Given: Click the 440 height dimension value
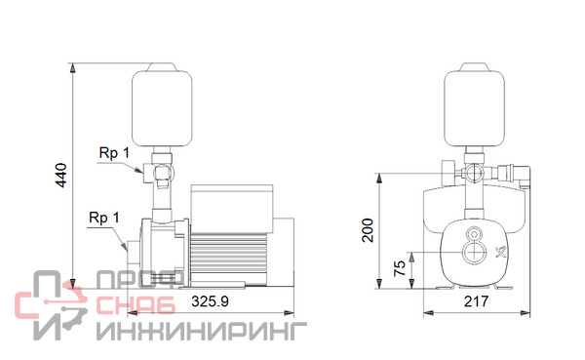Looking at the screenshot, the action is (60, 176).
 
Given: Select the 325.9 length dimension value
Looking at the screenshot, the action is (210, 301).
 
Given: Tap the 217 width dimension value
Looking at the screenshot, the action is (476, 301).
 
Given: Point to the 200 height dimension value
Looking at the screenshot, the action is (368, 230).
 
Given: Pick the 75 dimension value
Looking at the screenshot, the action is (400, 268).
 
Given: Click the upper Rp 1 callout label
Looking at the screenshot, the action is (114, 153).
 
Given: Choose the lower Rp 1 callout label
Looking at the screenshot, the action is (104, 218).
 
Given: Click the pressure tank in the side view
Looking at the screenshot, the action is (162, 104).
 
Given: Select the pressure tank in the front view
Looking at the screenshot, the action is (474, 104).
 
